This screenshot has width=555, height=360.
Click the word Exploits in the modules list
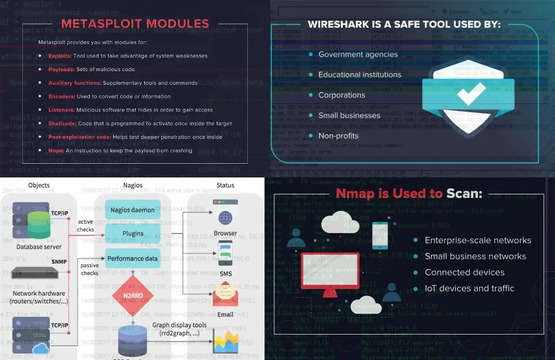point(60,56)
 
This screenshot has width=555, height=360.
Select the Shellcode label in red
point(62,124)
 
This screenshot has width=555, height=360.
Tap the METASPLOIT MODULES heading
point(135,24)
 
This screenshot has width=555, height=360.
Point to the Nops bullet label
point(56,151)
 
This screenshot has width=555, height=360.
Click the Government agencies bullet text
point(358,55)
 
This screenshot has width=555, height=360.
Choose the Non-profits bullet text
point(338,136)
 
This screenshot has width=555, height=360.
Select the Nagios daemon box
point(133,210)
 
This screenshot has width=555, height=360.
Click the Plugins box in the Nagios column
point(133,233)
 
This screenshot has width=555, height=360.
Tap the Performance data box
point(133,258)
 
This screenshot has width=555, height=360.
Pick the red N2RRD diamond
point(133,295)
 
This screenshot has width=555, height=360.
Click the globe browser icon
point(225,218)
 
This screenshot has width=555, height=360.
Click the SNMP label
point(59,262)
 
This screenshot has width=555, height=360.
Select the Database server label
point(39,247)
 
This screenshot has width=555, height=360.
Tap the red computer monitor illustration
point(330,271)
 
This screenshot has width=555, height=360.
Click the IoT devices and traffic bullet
point(469,288)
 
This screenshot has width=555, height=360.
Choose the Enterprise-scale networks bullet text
point(478,240)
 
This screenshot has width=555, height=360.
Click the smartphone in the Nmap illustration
point(380,236)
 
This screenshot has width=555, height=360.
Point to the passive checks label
point(89,269)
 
